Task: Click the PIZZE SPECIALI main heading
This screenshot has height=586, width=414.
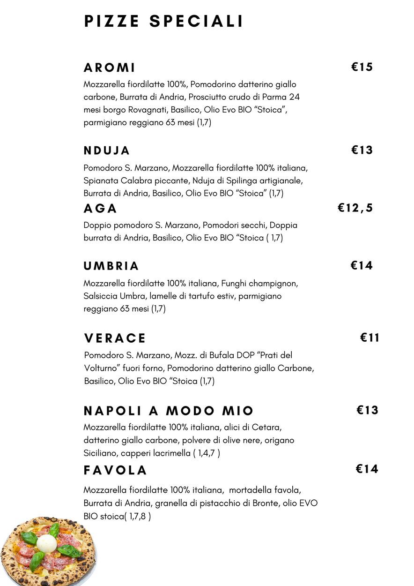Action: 163,22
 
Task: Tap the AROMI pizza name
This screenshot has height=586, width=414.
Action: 110,68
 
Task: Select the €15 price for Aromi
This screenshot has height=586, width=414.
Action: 362,67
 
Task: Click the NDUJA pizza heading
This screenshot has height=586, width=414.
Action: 107,151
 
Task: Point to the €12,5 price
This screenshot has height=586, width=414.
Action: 355,208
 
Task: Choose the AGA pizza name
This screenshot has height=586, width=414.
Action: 100,209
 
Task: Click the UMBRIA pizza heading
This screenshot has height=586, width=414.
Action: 111,266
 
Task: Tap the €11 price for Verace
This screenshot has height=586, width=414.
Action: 370,338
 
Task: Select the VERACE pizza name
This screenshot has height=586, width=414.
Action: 115,338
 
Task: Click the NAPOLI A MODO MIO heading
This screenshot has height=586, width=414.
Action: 169,411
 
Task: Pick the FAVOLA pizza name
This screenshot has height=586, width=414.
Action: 115,470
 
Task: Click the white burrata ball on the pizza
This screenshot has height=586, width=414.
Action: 46,544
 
